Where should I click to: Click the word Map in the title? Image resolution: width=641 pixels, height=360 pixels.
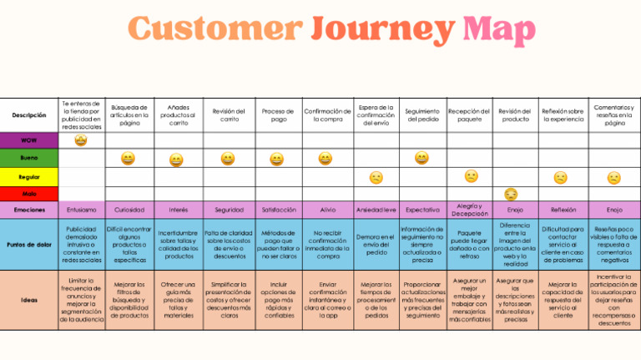499,30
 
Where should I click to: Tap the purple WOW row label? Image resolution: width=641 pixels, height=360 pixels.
29,140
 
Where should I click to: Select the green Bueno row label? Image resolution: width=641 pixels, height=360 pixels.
29,158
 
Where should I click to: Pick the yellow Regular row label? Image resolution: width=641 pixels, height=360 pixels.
29,177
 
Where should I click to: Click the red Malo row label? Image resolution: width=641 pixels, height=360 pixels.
29,194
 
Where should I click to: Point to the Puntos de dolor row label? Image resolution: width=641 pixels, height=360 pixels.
29,243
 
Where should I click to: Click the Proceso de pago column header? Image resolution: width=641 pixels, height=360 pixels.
277,115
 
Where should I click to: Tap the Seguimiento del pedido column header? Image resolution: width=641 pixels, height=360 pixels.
421,115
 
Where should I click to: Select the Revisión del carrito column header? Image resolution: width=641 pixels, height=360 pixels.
228,115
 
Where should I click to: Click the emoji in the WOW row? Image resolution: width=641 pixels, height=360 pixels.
81,140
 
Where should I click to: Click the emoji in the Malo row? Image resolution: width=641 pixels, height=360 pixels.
511,195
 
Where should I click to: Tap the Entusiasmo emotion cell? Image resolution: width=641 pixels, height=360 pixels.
81,210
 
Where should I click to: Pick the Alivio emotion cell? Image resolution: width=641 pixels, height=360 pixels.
326,210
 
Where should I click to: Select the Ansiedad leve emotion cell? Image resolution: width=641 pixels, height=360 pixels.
376,210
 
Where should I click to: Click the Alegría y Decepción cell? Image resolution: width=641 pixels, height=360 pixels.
471,210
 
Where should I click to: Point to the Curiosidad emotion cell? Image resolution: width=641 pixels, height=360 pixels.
129,210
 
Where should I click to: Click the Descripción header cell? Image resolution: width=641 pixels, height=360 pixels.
29,115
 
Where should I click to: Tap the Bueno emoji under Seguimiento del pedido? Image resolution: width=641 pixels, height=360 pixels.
421,158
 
